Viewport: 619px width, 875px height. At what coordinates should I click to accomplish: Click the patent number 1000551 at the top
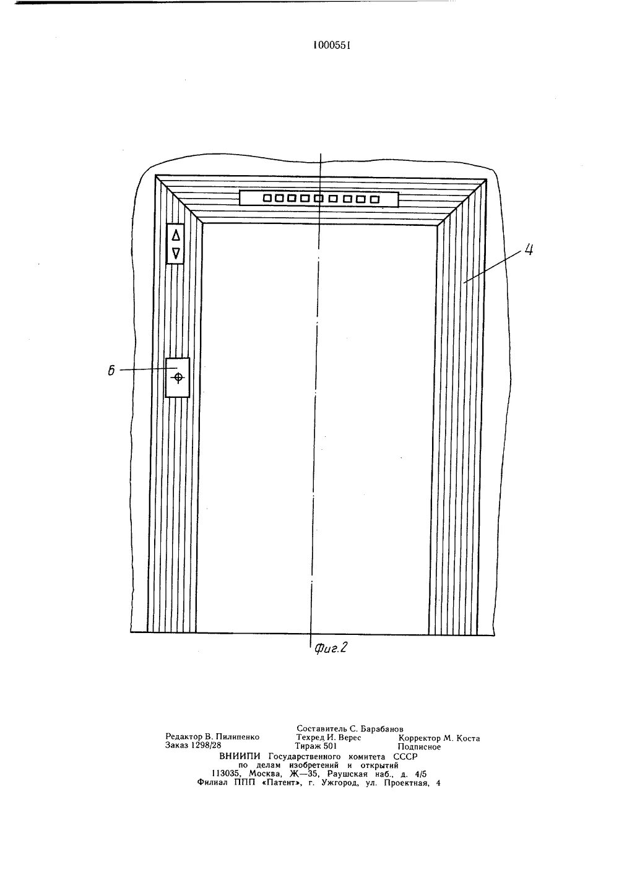(328, 45)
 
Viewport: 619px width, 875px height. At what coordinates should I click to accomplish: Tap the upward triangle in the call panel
(176, 235)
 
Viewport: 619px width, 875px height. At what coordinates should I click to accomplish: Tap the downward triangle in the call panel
(176, 252)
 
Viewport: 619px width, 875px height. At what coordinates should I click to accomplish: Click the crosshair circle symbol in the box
(178, 377)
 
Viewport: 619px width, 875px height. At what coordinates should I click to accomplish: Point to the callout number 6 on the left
(111, 371)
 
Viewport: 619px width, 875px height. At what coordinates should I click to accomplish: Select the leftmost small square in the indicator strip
(267, 199)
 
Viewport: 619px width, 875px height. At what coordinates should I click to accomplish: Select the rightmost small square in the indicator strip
(374, 199)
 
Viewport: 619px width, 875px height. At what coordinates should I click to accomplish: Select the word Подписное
(420, 746)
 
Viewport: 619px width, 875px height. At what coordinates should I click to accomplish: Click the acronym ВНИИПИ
(241, 756)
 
